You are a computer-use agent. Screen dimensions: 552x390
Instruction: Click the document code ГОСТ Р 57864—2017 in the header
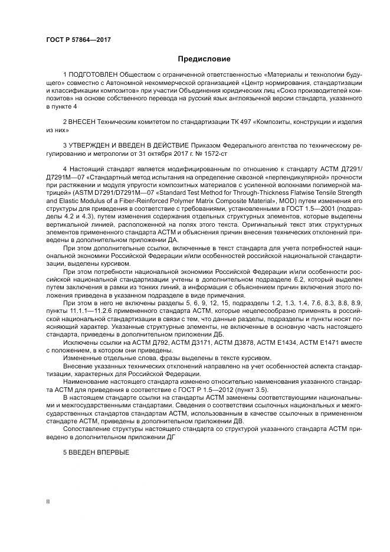click(78, 40)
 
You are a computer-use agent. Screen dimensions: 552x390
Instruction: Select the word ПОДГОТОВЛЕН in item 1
click(93, 77)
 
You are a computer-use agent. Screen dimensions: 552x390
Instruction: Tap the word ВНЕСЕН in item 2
click(86, 121)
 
